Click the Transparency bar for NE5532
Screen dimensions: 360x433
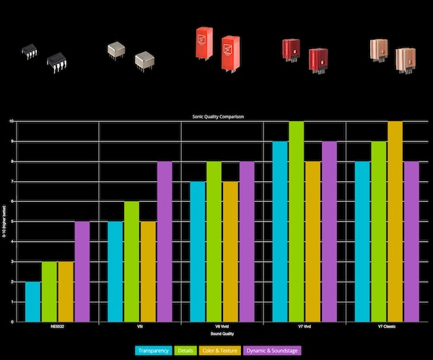(32, 302)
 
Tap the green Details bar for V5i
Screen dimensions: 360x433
(131, 261)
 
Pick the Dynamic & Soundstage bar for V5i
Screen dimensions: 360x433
(165, 241)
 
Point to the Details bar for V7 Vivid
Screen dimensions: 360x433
(297, 221)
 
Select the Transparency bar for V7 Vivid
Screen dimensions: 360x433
(280, 231)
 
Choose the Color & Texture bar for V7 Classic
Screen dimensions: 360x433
(395, 221)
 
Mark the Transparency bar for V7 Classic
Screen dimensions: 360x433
(362, 241)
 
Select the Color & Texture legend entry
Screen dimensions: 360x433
(220, 351)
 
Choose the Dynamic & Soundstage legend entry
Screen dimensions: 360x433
(272, 351)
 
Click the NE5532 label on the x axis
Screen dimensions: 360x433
(58, 327)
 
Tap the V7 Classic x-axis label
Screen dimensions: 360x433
(387, 327)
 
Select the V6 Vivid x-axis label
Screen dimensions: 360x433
(222, 327)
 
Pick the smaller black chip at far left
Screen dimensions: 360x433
(29, 51)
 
